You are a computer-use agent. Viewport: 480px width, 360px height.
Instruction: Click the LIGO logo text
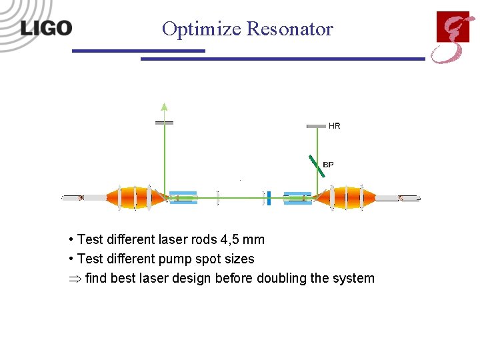coord(45,28)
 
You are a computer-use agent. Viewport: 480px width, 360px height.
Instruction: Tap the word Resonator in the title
coord(289,29)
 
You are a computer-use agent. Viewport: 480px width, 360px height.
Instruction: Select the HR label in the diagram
coord(334,126)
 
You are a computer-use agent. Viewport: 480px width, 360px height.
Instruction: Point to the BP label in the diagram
coord(328,164)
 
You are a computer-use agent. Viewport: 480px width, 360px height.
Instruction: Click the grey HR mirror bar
coord(316,126)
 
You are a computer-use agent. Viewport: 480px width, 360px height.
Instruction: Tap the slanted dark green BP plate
coord(317,166)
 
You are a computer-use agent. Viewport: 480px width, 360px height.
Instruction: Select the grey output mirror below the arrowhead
coord(164,123)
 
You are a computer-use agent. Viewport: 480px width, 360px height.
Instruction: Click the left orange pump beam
coord(135,197)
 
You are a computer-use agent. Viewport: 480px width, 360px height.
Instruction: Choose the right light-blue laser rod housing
coord(297,197)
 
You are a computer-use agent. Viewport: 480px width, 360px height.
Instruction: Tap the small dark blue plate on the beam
coord(268,197)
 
